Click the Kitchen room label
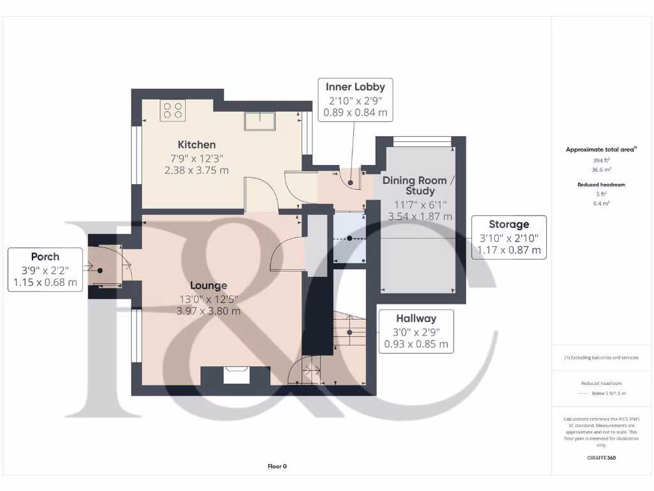coord(196,144)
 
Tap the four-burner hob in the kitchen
coord(172,111)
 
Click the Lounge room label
coord(208,285)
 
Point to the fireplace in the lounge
coord(236,374)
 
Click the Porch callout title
coord(45,256)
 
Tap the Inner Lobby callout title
coord(355,87)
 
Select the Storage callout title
coord(508,224)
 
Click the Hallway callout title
coord(416,318)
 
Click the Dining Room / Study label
coord(420,185)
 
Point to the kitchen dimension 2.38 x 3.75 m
coord(196,170)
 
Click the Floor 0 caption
coord(277,466)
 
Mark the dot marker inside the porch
coord(100,270)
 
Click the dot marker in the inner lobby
coord(350,183)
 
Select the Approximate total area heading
coord(600,150)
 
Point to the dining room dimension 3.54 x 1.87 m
coord(420,217)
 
